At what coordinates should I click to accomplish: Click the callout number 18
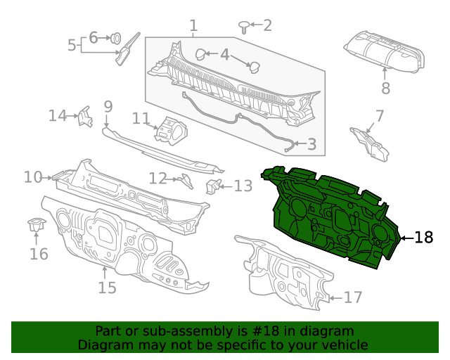click(x=424, y=238)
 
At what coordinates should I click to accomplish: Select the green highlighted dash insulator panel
click(x=330, y=218)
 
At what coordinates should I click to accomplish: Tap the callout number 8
click(x=385, y=89)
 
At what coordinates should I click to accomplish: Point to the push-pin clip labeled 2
click(x=243, y=27)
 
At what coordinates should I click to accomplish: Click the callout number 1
click(x=193, y=27)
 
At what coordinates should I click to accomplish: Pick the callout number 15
click(x=106, y=288)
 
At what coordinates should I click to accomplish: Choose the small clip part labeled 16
click(x=34, y=226)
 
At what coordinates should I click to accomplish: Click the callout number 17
click(x=353, y=297)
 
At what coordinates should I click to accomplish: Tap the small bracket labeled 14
click(x=84, y=116)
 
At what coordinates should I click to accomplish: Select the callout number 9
click(x=108, y=107)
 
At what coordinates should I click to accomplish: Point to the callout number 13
click(x=243, y=186)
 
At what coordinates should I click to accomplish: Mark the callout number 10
click(x=32, y=176)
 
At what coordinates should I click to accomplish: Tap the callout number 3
click(x=311, y=145)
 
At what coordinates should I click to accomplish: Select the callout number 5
click(x=72, y=45)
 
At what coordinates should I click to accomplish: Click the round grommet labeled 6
click(x=116, y=37)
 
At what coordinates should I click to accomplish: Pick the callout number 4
click(x=224, y=54)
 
